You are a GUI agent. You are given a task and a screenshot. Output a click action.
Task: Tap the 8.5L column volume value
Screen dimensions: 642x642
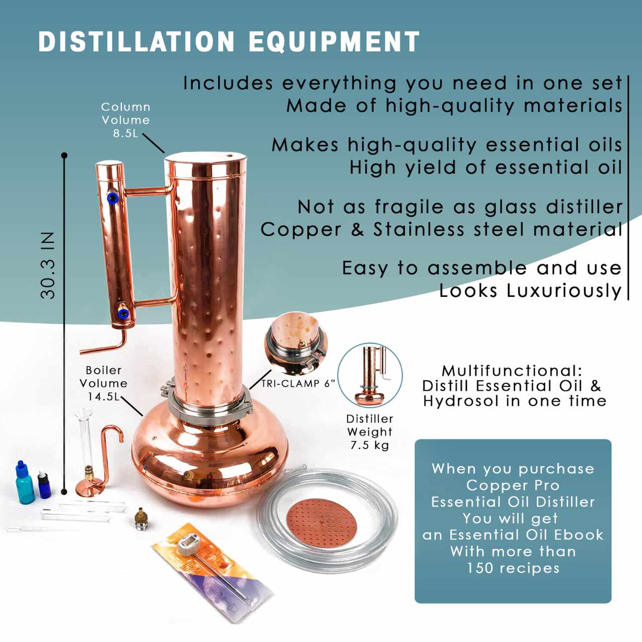coord(125,133)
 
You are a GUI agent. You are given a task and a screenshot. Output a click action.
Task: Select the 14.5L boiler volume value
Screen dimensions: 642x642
coord(103,397)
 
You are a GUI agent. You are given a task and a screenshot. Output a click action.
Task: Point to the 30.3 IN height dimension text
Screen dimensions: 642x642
coord(48,265)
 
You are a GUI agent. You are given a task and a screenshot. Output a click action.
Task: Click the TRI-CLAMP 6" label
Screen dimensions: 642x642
coord(298,384)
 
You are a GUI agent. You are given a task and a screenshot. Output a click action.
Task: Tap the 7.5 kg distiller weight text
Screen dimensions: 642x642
coord(370,445)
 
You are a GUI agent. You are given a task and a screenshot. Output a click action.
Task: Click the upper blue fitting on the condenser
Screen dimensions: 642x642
coord(113,198)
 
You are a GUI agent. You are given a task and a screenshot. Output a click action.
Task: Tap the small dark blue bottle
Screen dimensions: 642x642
coord(44,485)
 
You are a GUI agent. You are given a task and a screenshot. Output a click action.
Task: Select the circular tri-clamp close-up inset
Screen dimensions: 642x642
coord(296,344)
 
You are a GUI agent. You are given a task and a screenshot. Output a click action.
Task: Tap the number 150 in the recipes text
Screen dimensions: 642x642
coord(480,568)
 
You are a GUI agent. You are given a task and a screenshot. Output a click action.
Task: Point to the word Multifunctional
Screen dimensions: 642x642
coord(512,371)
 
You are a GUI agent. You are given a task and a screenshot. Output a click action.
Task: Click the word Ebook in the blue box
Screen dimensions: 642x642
coord(579,535)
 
